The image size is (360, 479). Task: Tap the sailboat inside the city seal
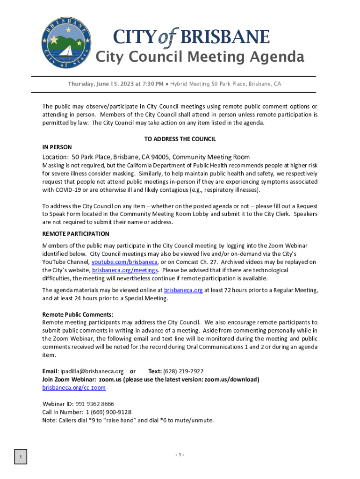pyautogui.click(x=66, y=51)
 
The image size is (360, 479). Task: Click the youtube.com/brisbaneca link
pyautogui.click(x=124, y=262)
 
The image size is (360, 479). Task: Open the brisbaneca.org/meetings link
pyautogui.click(x=125, y=270)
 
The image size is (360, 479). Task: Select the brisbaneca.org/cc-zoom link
pyautogui.click(x=74, y=388)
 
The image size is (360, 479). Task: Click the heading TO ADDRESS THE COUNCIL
pyautogui.click(x=180, y=139)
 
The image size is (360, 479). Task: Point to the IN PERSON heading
pyautogui.click(x=57, y=147)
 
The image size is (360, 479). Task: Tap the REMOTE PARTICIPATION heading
pyautogui.click(x=76, y=234)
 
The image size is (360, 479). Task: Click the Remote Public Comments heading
pyautogui.click(x=78, y=314)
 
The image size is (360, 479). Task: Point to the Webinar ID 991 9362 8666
pyautogui.click(x=94, y=404)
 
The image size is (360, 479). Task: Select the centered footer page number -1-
pyautogui.click(x=180, y=455)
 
